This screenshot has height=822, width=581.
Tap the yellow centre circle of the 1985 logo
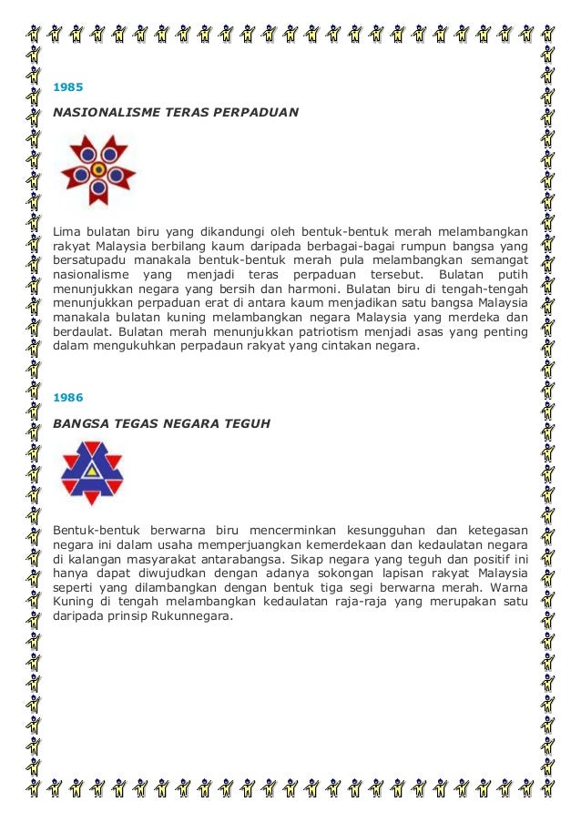tap(97, 167)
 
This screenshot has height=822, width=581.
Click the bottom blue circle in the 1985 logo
tap(97, 189)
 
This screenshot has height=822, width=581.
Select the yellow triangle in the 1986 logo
tap(92, 471)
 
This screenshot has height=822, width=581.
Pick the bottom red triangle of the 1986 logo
tap(92, 493)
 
